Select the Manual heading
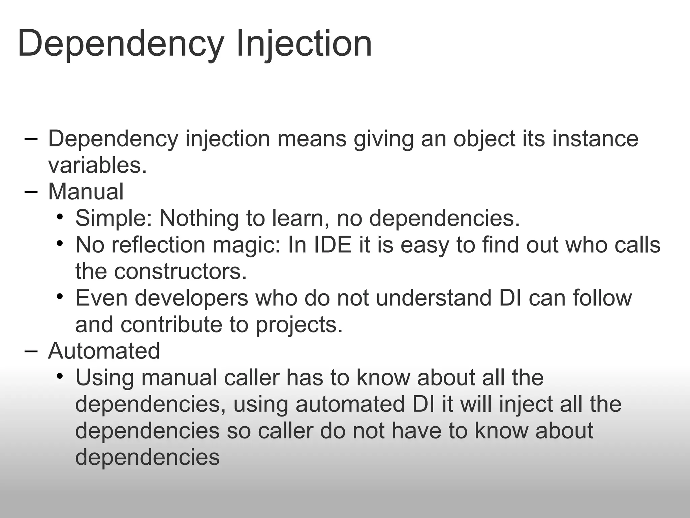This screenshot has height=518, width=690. coord(86,192)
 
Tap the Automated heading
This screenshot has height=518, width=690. coord(104,351)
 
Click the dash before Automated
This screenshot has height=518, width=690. coord(31,351)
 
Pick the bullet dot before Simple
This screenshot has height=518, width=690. coord(60,217)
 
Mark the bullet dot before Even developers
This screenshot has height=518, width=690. coord(60,296)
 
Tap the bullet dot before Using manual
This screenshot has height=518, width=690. coord(60,376)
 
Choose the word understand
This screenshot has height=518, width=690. coord(434,298)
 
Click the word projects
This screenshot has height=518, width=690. coord(299,324)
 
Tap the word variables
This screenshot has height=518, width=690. coord(97,165)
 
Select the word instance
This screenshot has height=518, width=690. coord(595,139)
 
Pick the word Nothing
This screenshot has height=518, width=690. coord(199,218)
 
